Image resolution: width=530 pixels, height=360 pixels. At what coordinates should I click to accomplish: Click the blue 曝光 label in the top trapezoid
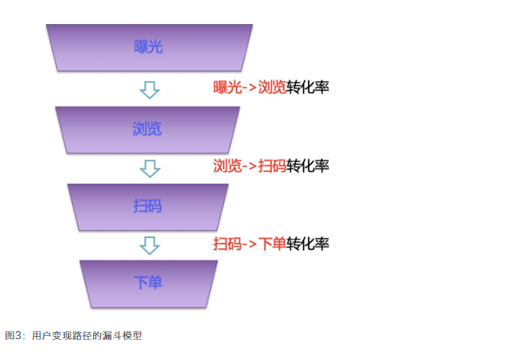[148, 47]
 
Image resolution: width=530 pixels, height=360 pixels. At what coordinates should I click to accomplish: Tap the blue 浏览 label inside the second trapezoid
[147, 129]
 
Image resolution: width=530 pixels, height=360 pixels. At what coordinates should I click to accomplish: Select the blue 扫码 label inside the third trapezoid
[148, 206]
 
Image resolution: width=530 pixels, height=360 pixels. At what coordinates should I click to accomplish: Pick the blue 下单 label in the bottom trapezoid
[148, 282]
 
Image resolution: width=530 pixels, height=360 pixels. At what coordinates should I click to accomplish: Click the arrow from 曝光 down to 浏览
[150, 90]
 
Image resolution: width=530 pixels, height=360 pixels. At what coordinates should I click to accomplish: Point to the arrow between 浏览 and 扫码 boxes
[150, 168]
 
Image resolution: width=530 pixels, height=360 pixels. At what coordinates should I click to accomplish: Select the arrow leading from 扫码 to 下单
[150, 245]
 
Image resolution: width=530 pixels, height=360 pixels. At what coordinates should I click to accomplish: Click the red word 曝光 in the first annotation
[228, 87]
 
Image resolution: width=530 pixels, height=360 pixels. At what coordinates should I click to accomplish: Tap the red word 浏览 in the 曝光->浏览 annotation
[273, 87]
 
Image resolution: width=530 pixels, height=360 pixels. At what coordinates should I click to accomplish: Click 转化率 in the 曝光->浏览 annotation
[308, 87]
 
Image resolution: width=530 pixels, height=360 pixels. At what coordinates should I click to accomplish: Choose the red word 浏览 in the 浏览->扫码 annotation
[228, 166]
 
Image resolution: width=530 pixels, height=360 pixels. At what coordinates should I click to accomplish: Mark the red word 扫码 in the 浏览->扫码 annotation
[273, 166]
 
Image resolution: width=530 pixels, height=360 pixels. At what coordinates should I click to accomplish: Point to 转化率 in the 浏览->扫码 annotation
[308, 166]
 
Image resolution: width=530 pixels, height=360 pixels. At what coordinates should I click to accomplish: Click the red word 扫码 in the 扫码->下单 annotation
[228, 244]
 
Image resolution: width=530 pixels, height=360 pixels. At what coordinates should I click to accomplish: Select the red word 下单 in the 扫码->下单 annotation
[273, 244]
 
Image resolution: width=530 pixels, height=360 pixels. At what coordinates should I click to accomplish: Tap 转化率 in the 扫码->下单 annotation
[308, 244]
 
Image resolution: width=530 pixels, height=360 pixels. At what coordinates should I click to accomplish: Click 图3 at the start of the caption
[14, 336]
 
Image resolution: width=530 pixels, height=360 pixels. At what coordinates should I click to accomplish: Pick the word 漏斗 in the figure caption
[112, 336]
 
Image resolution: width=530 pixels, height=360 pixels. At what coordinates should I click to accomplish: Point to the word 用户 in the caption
[41, 336]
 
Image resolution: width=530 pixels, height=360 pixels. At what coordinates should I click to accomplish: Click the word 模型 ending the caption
[132, 336]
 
